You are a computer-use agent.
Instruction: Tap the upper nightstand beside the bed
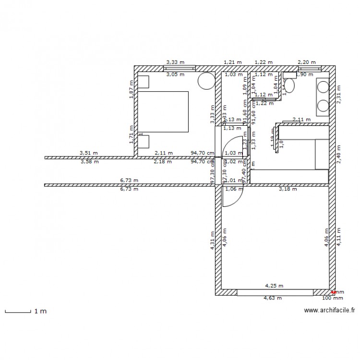click(x=144, y=81)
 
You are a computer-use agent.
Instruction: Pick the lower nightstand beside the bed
click(x=144, y=142)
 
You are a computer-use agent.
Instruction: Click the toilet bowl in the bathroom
click(x=289, y=85)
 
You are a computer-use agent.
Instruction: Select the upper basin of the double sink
click(x=323, y=86)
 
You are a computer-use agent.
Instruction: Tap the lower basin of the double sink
click(x=323, y=105)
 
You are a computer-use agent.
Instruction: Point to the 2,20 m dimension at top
click(x=306, y=62)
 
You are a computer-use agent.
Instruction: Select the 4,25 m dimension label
click(x=274, y=286)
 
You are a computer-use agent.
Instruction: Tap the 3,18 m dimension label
click(x=288, y=189)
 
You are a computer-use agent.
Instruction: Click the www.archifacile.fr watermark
click(x=329, y=311)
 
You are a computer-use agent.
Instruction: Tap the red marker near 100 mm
click(x=334, y=291)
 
